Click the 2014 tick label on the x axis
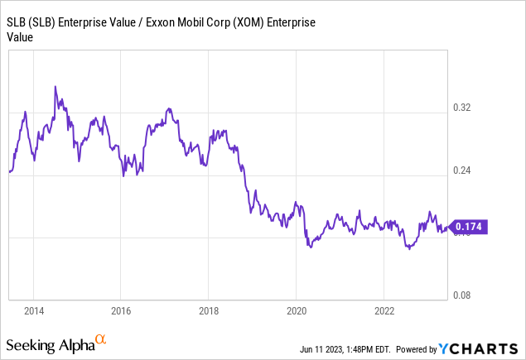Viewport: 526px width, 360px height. tap(34, 310)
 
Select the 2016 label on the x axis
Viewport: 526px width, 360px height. tap(121, 310)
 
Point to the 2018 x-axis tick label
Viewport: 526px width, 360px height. tap(209, 310)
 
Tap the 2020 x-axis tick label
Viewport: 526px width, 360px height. tap(297, 310)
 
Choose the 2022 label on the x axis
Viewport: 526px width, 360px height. tap(384, 310)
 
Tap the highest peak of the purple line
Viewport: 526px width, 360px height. tap(55, 86)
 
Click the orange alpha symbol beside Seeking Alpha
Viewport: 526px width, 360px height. tap(101, 339)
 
